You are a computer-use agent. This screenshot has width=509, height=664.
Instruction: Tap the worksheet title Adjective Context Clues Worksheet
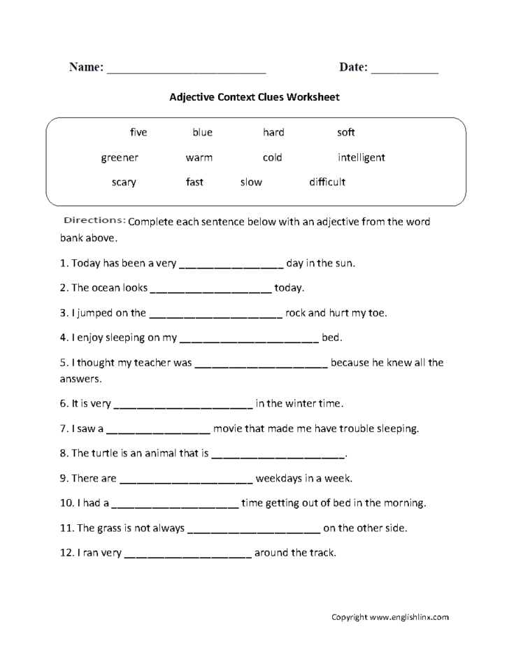pos(254,97)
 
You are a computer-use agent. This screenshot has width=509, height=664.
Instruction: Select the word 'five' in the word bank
pos(138,132)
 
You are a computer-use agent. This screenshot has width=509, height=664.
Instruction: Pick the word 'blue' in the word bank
pos(203,132)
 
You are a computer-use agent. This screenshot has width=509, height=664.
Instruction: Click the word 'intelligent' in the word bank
pos(361,157)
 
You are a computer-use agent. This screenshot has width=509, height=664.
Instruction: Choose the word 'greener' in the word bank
pos(120,157)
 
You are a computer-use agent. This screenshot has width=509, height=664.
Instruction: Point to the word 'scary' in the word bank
pos(124,182)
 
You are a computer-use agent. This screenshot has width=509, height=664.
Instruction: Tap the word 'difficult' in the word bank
pos(327,182)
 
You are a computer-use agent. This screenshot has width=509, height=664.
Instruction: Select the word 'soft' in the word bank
pos(346,132)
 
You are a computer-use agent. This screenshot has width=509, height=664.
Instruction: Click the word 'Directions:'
pos(95,221)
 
